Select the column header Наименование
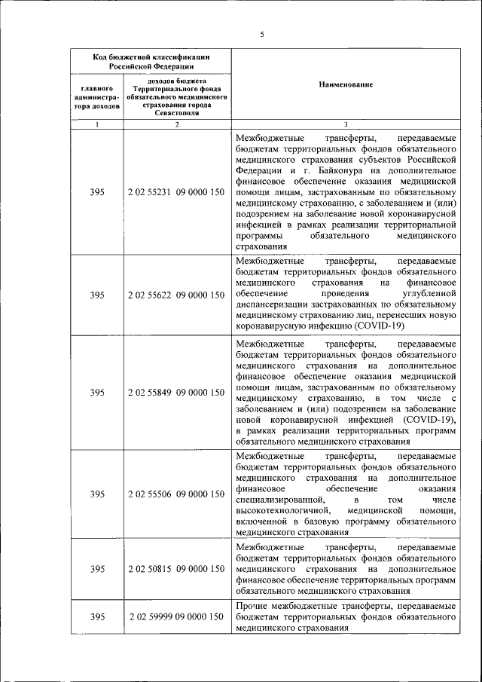[x=346, y=85]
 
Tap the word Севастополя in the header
[x=177, y=113]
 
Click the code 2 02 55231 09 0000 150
[x=176, y=192]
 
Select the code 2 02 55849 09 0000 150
[x=176, y=392]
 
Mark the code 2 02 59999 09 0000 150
[x=176, y=616]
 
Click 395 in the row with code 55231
[x=97, y=192]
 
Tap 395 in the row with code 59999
[x=97, y=616]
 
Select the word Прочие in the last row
[x=251, y=606]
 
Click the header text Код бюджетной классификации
[x=151, y=57]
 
